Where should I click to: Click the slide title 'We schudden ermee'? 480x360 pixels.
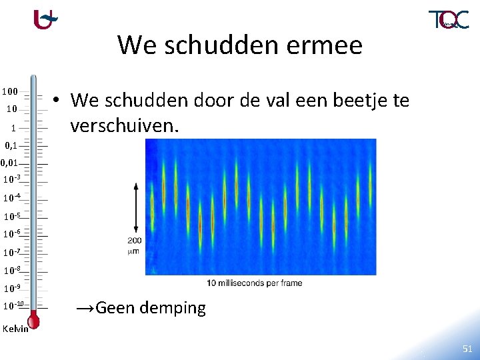(240, 45)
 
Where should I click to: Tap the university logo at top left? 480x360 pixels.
(45, 19)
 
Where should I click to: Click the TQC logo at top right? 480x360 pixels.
(448, 19)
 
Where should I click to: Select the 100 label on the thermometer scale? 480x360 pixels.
(9, 91)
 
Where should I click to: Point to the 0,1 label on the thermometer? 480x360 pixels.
(11, 145)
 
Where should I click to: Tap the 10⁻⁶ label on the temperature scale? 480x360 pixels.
(12, 234)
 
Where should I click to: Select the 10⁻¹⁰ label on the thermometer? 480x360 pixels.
(13, 306)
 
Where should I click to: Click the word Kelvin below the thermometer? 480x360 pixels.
(15, 329)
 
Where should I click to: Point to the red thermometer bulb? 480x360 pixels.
(33, 322)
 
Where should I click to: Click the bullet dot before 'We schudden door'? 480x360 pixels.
(59, 101)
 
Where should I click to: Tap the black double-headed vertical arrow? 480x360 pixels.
(135, 207)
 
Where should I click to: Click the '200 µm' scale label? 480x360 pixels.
(134, 245)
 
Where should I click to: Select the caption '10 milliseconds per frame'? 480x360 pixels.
(254, 283)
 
